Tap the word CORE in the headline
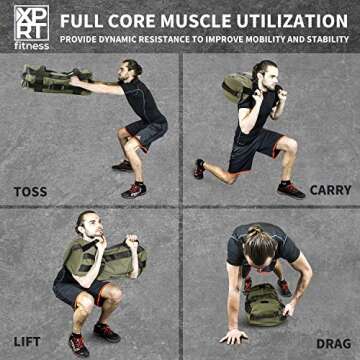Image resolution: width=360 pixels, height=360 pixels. coord(127,20)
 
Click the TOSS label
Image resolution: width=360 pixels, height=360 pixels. coord(30,190)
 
